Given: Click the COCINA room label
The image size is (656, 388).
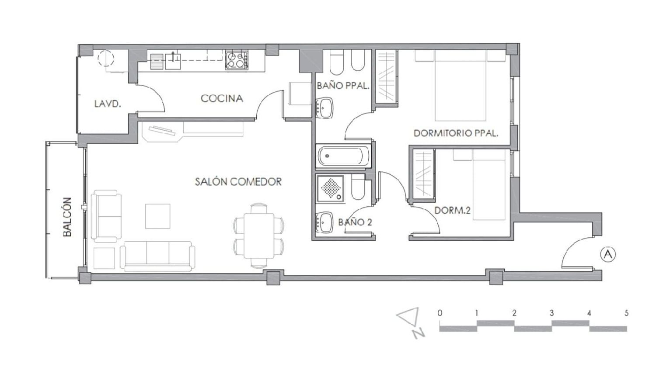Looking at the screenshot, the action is point(222,99).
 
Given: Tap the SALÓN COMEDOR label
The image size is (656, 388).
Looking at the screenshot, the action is point(238,182).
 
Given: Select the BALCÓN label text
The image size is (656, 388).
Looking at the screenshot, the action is point(67,217).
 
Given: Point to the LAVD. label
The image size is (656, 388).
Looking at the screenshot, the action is point(108,104).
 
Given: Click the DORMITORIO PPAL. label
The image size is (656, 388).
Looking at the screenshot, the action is point(456,133).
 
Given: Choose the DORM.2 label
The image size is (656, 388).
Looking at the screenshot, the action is point(453,211).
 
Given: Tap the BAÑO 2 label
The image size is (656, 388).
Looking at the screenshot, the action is point(355,222).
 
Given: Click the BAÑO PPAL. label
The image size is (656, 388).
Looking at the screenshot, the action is point(343,86).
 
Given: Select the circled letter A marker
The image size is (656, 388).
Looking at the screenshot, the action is point(608,254).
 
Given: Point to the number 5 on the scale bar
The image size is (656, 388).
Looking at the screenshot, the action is point(626,313).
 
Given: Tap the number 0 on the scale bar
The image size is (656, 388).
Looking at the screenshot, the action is point(440,313).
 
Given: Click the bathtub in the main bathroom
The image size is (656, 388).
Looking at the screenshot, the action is point(343,156).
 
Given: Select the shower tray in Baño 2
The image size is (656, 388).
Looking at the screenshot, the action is point(330,188).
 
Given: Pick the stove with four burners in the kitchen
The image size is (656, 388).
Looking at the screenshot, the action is point(237,60).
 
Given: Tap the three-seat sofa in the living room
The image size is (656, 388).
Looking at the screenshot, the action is point(157,256).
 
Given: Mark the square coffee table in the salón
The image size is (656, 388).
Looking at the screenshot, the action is point(158,216).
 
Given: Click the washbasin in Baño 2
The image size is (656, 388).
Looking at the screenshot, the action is point(325,222).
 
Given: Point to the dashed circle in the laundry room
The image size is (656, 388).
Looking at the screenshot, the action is point(106,59).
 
